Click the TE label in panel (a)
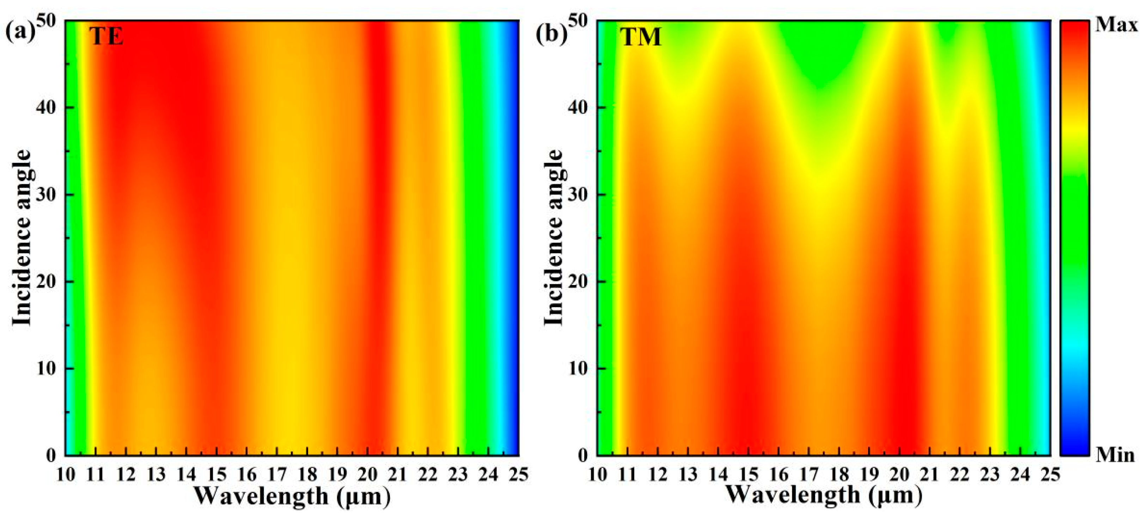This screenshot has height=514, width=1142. pos(106,36)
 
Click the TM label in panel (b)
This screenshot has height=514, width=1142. pos(640,36)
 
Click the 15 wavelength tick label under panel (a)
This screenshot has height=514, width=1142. pos(216,475)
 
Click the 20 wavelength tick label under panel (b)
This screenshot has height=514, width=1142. pos(899,475)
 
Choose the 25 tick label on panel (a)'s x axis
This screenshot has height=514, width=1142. pos(518,475)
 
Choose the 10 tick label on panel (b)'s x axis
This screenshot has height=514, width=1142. pos(597,475)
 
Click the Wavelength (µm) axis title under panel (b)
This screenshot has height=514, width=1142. pos(824,495)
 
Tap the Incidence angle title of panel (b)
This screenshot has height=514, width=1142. pos(553,238)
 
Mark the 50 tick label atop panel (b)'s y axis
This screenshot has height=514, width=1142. pos(578,20)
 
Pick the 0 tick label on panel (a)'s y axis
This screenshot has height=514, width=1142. pos(51,456)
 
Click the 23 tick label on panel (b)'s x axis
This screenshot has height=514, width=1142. pos(989,475)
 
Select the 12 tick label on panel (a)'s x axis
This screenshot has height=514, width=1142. pos(126,475)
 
